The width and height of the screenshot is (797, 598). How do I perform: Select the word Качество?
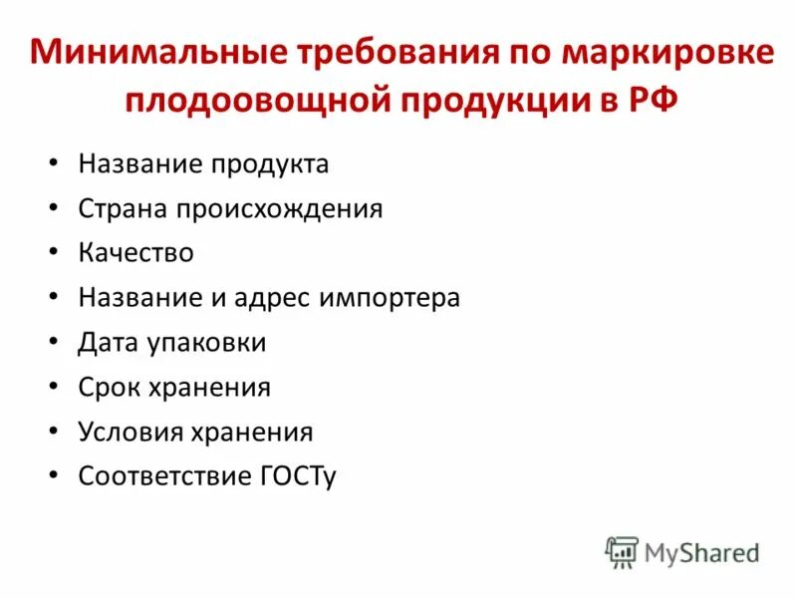pyautogui.click(x=135, y=253)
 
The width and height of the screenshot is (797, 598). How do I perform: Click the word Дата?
pyautogui.click(x=109, y=343)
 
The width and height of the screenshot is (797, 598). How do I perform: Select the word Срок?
pyautogui.click(x=110, y=388)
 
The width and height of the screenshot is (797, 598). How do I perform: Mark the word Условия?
pyautogui.click(x=129, y=433)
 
